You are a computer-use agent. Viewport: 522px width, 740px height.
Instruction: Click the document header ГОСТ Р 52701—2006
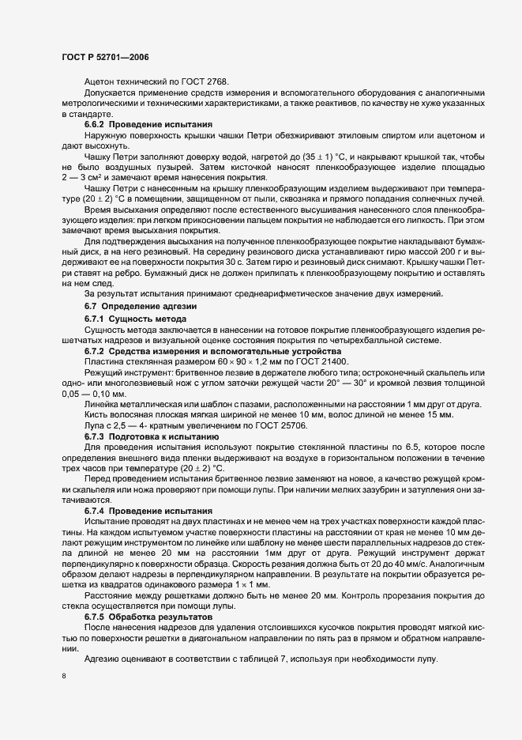pyautogui.click(x=105, y=57)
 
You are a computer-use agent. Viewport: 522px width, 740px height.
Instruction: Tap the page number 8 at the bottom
pyautogui.click(x=64, y=677)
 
